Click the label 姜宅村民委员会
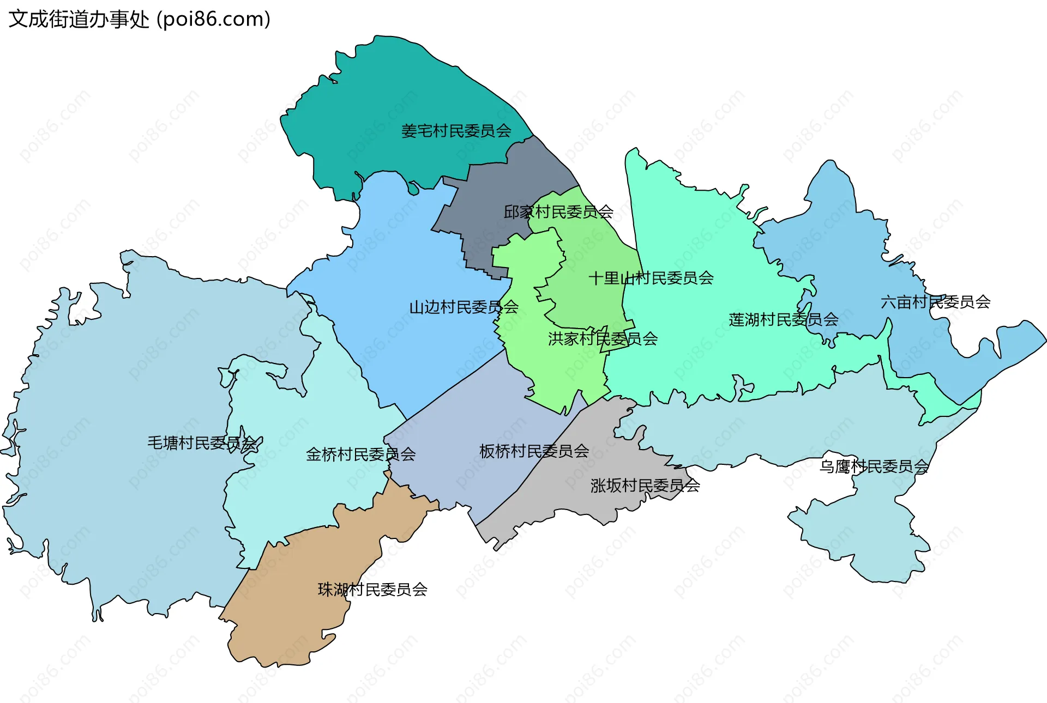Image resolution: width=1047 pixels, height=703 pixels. point(456,131)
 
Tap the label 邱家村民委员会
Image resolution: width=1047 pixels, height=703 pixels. point(558,211)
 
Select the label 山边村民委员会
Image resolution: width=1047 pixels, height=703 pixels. point(464,307)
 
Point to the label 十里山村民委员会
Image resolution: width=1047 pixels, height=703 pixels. point(651,278)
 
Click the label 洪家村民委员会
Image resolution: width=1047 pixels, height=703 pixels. point(603,339)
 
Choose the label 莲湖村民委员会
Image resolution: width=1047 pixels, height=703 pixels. point(783,320)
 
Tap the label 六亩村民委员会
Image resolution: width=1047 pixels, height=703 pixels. point(935,302)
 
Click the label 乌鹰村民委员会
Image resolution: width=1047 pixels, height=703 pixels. point(874,466)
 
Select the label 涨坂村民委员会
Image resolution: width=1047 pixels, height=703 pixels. point(645,486)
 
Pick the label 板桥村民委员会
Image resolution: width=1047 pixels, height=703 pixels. point(534,451)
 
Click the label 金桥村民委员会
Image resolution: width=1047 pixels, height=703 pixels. point(360,454)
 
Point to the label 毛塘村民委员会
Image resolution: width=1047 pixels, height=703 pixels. point(202,443)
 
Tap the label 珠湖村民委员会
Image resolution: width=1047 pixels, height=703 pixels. point(372,590)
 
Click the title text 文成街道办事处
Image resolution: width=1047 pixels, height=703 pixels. point(79,20)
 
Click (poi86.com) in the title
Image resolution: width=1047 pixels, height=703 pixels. point(214,20)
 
